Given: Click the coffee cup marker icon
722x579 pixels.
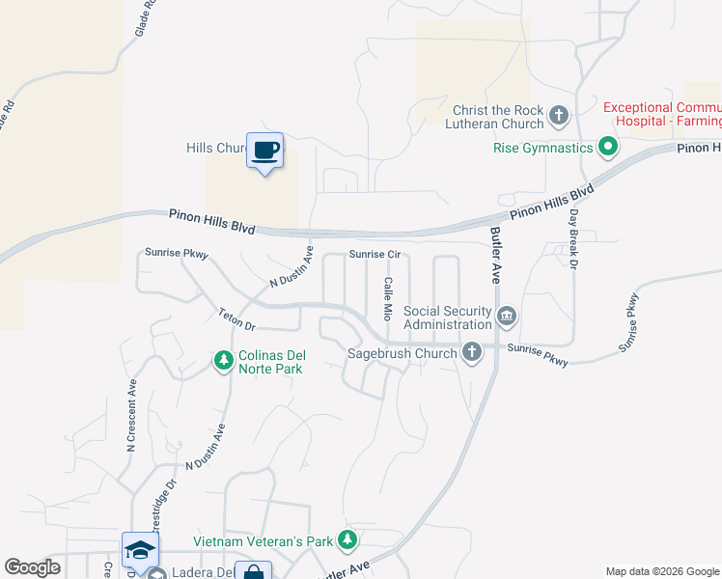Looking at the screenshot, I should point(264,151).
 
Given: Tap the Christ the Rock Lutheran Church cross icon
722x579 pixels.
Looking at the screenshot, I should point(559,118).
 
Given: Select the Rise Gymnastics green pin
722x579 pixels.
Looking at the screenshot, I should point(607,148).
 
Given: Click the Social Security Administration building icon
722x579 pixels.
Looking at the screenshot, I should point(507,316).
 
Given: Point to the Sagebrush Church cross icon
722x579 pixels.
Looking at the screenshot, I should point(471,352).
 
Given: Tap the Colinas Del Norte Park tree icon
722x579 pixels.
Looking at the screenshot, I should point(224,361).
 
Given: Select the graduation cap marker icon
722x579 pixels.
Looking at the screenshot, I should point(140,550).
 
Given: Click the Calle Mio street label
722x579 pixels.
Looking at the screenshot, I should point(387,299).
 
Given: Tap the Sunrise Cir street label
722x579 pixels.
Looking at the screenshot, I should point(375,256).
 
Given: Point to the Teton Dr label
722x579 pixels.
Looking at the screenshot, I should point(236,319).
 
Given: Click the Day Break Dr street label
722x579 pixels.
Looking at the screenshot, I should point(573,238).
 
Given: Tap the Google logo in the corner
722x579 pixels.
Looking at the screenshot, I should point(32,567).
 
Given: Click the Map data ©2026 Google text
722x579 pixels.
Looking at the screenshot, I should point(662,571).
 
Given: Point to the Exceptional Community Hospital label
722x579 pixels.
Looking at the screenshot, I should point(662,113).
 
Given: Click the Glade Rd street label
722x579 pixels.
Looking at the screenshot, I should point(147,19).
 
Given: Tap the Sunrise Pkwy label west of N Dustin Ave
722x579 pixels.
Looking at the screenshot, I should point(177,253).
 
